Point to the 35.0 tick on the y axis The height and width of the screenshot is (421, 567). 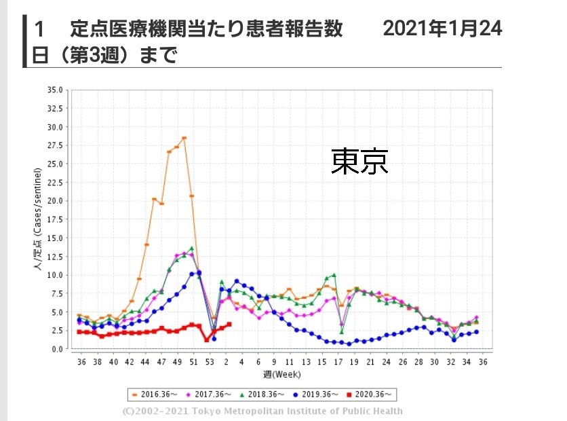[55, 90]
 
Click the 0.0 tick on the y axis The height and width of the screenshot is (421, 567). [57, 349]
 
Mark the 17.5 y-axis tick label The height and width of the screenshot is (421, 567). [55, 219]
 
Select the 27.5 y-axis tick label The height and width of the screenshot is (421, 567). [55, 145]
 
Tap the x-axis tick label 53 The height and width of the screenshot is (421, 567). [209, 362]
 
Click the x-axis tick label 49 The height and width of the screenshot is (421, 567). [178, 362]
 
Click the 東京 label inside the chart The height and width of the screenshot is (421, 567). [359, 162]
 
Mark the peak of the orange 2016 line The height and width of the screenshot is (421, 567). [184, 138]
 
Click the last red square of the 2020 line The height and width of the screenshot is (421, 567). [229, 325]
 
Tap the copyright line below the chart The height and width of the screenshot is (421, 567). [262, 411]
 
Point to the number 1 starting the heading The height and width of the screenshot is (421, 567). [40, 29]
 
